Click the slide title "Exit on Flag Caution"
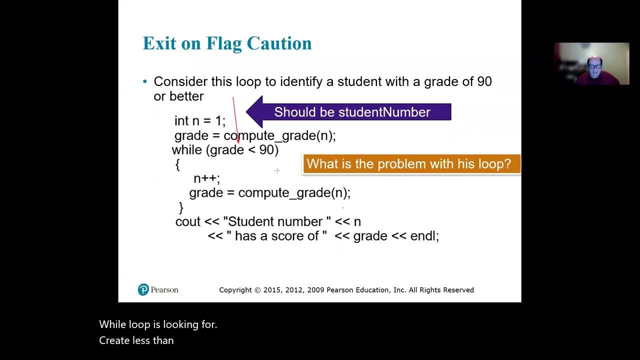click(x=227, y=43)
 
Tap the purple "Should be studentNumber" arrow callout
click(x=350, y=112)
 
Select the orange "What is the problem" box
click(x=411, y=164)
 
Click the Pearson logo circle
click(x=143, y=289)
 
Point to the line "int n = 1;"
click(x=200, y=121)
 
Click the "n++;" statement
click(x=206, y=178)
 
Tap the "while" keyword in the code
click(x=187, y=150)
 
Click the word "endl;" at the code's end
click(x=424, y=236)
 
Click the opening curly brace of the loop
click(x=177, y=164)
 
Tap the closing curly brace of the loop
click(x=181, y=207)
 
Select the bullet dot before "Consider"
click(x=145, y=81)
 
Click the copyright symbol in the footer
click(x=257, y=290)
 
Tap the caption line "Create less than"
click(x=136, y=340)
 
